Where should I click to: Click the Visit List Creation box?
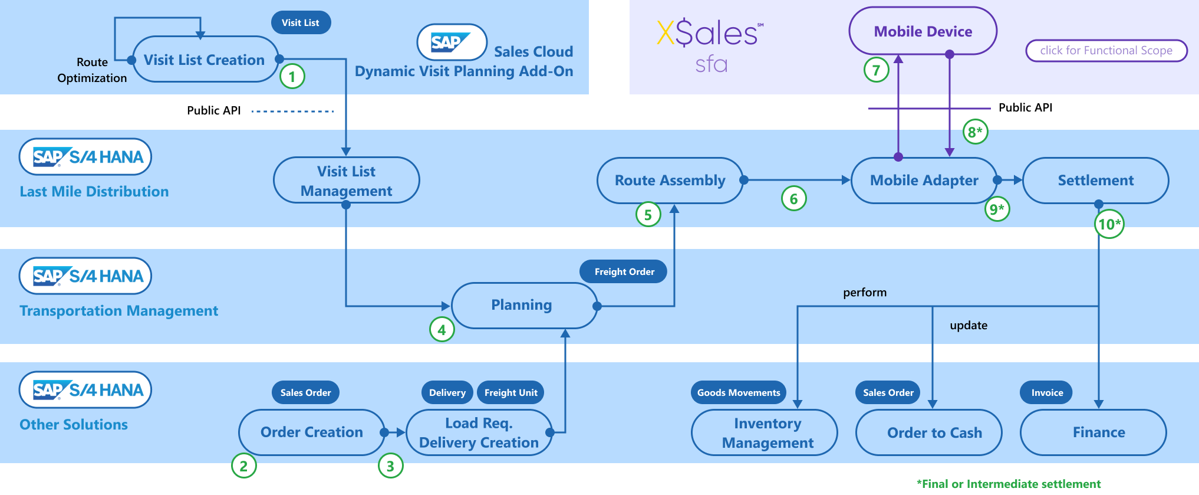coord(205,60)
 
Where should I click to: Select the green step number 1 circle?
coord(292,76)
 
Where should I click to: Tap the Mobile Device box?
coord(923,31)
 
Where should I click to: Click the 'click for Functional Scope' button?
coord(1106,51)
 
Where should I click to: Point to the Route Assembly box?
coord(670,181)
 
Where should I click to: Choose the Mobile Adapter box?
coord(924,181)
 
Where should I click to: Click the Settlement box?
coord(1095,181)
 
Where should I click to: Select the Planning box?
coord(522,305)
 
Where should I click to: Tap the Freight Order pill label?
coord(624,272)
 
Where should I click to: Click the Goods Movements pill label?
coord(738,393)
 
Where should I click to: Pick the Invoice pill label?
coord(1047,393)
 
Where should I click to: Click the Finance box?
coord(1099,432)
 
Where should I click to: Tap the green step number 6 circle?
coord(793,199)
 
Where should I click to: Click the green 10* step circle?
coord(1109,224)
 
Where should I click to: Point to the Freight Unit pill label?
coord(510,393)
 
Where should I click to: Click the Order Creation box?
coord(311,432)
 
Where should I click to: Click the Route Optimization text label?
coord(92,70)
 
